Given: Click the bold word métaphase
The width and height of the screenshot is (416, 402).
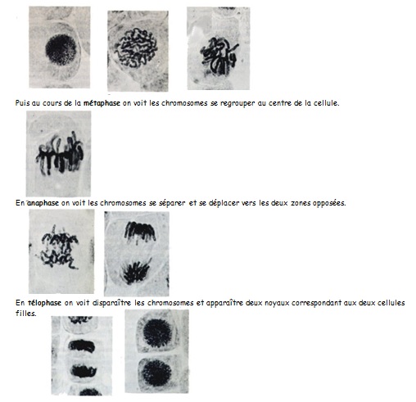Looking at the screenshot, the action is click(x=102, y=103).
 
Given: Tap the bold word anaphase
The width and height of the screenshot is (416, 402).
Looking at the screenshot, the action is click(x=43, y=203).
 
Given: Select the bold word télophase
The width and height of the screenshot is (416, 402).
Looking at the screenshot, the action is click(x=44, y=303).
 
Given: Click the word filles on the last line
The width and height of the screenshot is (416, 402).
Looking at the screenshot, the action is click(x=26, y=313).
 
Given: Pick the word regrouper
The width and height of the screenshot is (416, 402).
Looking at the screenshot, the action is click(x=237, y=103).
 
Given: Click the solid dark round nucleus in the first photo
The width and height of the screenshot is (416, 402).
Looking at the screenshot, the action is click(x=61, y=50).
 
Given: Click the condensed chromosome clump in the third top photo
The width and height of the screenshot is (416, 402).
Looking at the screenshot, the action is click(x=219, y=56).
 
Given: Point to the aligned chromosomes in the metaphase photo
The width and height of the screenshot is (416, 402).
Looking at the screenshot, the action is click(x=60, y=154).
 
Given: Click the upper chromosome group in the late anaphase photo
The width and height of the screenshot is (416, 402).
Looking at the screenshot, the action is click(x=140, y=232).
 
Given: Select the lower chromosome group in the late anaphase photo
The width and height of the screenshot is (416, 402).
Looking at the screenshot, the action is click(x=137, y=271).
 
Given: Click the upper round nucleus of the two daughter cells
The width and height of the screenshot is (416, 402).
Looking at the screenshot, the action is click(x=157, y=333).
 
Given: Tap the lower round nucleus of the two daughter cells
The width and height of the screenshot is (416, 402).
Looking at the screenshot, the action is click(x=156, y=373).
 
